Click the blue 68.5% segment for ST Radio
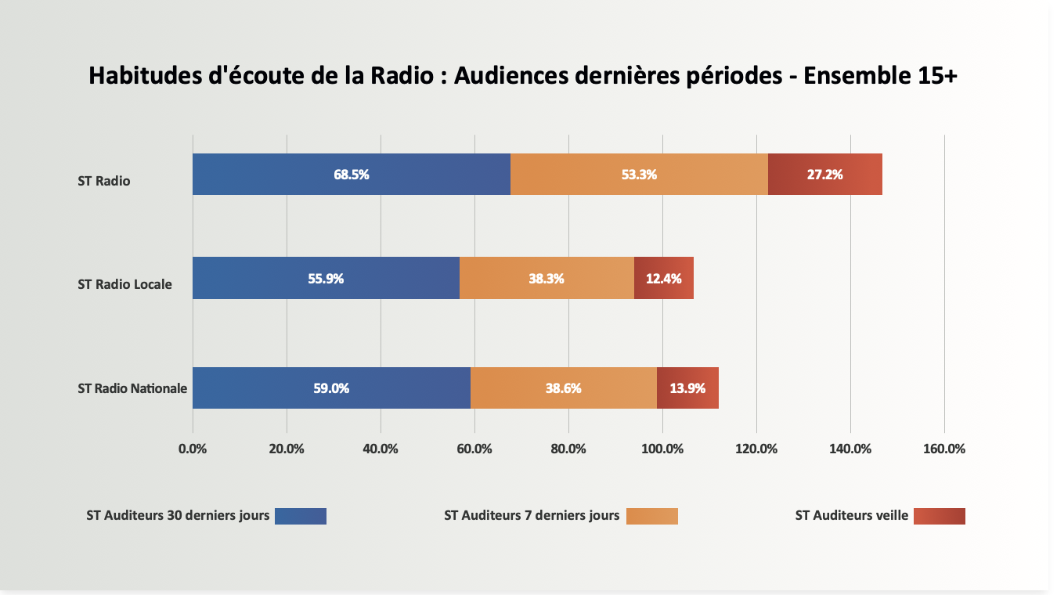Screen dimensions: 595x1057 pos(351,174)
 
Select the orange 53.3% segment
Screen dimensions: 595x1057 pos(639,174)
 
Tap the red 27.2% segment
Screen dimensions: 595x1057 pos(824,174)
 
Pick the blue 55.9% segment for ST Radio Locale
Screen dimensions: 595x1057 pos(326,278)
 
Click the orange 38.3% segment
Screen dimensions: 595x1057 pos(547,278)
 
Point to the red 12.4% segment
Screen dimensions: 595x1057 pos(663,278)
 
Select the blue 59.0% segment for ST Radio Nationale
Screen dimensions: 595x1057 pos(331,388)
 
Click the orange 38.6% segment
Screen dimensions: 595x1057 pos(563,388)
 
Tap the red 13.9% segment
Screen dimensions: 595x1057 pos(687,388)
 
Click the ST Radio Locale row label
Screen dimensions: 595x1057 pos(124,284)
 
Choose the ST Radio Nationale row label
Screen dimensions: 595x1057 pos(132,388)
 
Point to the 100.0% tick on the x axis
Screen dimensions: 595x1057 pos(662,449)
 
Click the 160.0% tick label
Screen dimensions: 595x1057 pos(944,449)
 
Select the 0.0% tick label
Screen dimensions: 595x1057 pos(193,449)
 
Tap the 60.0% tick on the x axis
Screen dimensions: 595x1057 pos(474,449)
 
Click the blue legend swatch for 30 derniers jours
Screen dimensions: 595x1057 pos(301,516)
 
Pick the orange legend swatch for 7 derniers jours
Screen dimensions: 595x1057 pos(651,516)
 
